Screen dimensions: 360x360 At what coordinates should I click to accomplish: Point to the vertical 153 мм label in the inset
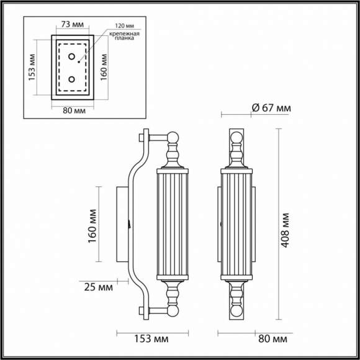pos(33,66)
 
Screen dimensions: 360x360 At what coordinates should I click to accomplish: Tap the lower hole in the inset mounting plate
pos(72,79)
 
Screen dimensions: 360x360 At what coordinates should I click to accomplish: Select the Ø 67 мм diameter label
pos(271,108)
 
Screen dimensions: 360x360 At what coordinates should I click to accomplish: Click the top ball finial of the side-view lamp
pos(174,138)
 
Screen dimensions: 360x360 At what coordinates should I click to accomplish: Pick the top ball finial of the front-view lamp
pos(236,138)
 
